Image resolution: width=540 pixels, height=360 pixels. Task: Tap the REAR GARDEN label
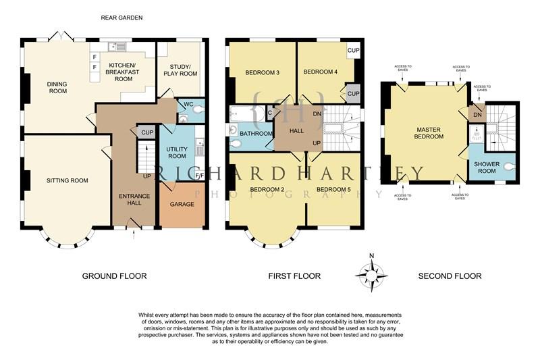122,18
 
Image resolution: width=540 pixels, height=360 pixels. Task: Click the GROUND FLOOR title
114,276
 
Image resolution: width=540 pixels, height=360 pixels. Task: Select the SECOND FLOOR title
450,276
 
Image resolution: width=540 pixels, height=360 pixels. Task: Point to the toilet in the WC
198,110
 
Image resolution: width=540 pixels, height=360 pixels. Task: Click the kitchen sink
117,47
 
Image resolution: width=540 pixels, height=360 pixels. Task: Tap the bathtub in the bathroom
247,114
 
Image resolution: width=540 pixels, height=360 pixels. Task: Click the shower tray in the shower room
477,133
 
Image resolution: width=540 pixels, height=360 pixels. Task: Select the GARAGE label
182,204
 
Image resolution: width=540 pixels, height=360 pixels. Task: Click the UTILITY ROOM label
177,153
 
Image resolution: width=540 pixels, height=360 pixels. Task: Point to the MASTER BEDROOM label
429,133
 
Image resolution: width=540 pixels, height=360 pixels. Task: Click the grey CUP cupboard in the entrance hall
147,132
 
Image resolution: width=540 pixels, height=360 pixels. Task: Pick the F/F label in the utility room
199,176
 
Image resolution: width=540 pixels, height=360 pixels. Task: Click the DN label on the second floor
477,115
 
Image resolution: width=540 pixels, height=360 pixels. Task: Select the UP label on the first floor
317,143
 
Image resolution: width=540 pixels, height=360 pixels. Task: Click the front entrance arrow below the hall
134,236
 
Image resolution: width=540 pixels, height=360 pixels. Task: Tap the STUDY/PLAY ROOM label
180,70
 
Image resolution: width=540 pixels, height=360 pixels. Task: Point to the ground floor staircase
146,156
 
